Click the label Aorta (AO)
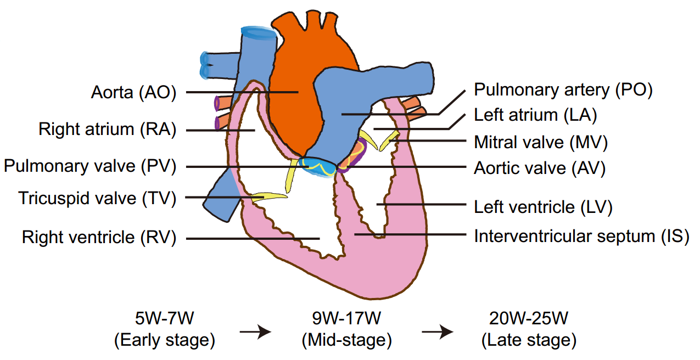[133, 92]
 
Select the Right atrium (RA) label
[107, 130]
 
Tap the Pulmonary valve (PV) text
[90, 166]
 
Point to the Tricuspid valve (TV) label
[97, 198]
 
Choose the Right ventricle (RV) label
[99, 238]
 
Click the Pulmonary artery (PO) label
[563, 90]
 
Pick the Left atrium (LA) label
[535, 115]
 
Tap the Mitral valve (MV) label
[541, 142]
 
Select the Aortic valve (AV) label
[540, 168]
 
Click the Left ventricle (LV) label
[543, 207]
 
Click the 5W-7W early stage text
[164, 329]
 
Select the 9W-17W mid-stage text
[347, 329]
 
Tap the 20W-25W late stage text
[529, 329]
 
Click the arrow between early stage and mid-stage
[256, 331]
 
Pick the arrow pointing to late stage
[438, 331]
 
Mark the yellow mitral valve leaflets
[379, 142]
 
